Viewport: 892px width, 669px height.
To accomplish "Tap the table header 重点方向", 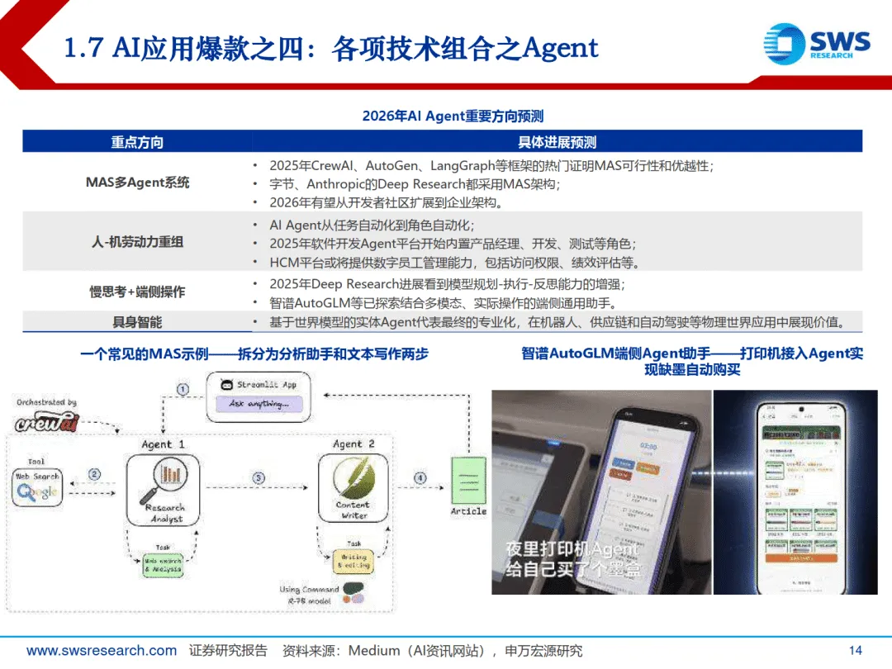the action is point(137,142).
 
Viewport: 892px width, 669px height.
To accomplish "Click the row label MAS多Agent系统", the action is point(137,182).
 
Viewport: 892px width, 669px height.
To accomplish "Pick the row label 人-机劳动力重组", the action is point(137,242).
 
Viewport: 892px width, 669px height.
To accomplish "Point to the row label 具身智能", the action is point(137,322).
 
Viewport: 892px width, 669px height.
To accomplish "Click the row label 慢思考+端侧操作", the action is point(137,292).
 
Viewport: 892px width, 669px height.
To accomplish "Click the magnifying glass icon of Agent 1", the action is point(164,478).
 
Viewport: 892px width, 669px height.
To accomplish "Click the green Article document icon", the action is point(467,481).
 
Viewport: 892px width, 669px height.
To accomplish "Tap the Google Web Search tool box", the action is point(37,486).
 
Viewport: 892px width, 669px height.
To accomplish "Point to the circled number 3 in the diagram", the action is point(259,477).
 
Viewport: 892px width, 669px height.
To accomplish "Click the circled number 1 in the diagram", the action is point(183,388).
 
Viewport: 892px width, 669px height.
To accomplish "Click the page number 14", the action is point(855,651).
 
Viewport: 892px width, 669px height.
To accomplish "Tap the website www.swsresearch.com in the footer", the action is point(102,651).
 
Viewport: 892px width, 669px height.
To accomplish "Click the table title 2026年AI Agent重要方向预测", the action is point(453,116).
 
